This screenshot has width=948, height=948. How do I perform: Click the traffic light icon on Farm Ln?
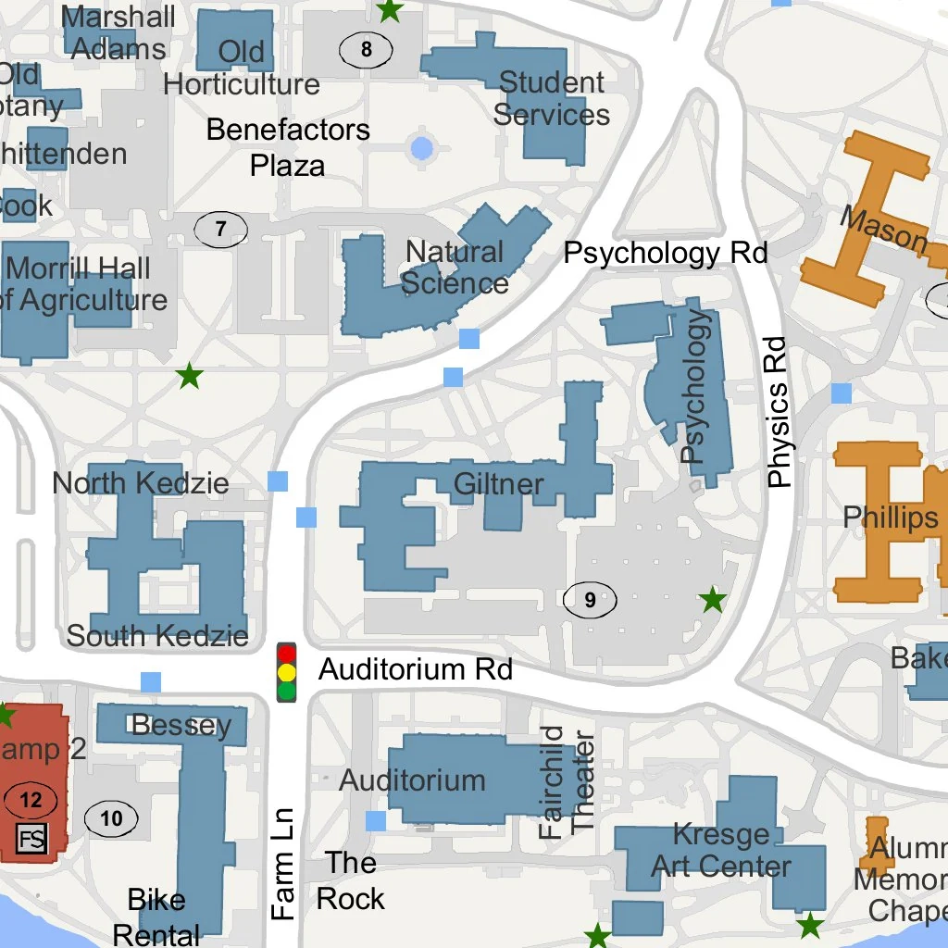pos(287,672)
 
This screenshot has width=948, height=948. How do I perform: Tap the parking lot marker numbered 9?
pos(590,601)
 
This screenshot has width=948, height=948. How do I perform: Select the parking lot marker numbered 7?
pos(220,230)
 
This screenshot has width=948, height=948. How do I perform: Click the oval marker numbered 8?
pos(366,49)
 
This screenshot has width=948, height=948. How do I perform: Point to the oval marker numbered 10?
pos(111,817)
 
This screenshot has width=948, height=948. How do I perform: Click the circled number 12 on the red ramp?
pos(31,799)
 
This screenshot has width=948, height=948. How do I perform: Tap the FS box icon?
pos(32,841)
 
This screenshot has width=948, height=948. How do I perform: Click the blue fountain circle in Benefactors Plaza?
pos(421,147)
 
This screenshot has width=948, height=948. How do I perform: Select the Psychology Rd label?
pos(666,253)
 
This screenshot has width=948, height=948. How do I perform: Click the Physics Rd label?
pos(779,412)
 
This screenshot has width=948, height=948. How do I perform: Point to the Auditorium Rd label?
pos(415,669)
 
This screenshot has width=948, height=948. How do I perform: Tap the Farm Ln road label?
pos(283,864)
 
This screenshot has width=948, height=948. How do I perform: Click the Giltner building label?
pos(499,484)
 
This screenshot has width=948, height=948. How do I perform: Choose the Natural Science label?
pos(455,268)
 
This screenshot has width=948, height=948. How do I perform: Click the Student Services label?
pos(552,98)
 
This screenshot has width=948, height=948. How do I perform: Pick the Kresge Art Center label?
pos(721,850)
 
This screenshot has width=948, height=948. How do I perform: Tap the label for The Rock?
pos(351,880)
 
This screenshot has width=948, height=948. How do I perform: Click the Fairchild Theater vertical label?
pos(567,782)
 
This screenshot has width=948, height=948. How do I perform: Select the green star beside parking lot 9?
pos(712,600)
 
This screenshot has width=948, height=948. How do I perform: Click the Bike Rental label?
pos(156,917)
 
